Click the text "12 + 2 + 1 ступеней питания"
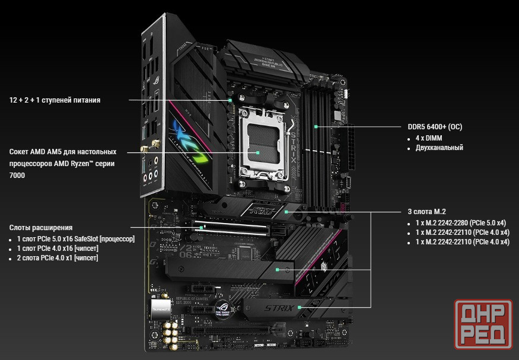[55, 100]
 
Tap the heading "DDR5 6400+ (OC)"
[435, 127]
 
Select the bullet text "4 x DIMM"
[429, 138]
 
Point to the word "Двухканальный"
[440, 148]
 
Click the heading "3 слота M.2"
[426, 212]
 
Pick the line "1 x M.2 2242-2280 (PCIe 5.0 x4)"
[461, 223]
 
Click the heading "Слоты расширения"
[41, 228]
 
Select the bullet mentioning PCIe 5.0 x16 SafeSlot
[76, 239]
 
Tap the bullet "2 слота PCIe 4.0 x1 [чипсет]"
[58, 258]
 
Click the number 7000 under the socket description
[17, 176]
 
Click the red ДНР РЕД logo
[483, 324]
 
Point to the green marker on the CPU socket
[257, 152]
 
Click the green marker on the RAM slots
[316, 127]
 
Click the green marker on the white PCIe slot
[201, 228]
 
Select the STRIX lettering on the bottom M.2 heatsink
[279, 308]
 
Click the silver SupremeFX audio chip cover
[161, 310]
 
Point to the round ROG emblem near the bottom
[222, 308]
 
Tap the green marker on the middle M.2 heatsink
[278, 270]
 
